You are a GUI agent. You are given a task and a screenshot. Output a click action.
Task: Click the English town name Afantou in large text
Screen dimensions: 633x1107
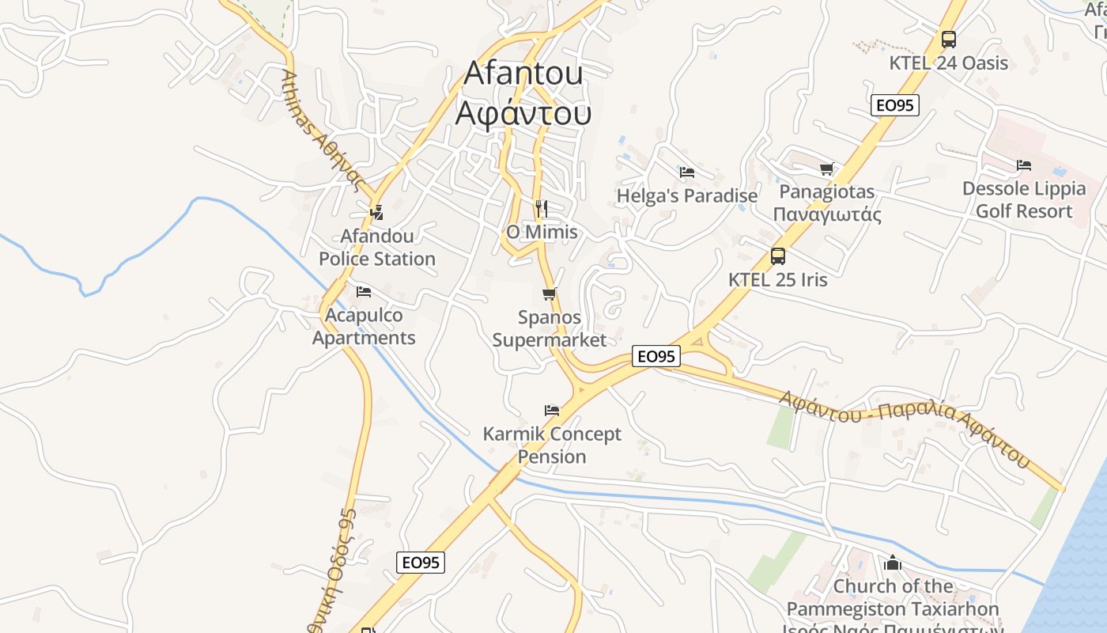pyautogui.click(x=523, y=73)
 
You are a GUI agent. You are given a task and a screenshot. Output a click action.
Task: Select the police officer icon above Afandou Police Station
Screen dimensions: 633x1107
pyautogui.click(x=376, y=212)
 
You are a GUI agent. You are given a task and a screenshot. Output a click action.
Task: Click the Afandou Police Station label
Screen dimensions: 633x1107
pyautogui.click(x=377, y=248)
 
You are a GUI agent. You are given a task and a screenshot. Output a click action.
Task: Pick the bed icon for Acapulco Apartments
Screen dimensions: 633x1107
pyautogui.click(x=363, y=292)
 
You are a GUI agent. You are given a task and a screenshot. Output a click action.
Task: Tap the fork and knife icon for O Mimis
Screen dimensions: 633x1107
pyautogui.click(x=542, y=209)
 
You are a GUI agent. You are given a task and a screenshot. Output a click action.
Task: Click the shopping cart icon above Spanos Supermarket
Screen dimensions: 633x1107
pyautogui.click(x=550, y=294)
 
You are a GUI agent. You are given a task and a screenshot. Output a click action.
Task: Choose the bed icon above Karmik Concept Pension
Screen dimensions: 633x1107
pyautogui.click(x=552, y=410)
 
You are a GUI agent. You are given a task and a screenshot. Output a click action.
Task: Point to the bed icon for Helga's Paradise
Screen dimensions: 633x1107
pyautogui.click(x=686, y=172)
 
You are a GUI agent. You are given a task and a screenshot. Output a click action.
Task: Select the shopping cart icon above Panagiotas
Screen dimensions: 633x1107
pyautogui.click(x=826, y=169)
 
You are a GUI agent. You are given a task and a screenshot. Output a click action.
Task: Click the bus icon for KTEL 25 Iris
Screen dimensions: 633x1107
pyautogui.click(x=778, y=256)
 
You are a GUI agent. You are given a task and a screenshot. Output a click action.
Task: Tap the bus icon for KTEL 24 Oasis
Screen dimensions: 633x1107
pyautogui.click(x=948, y=40)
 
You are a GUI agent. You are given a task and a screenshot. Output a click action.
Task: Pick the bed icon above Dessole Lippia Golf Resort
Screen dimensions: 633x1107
pyautogui.click(x=1024, y=165)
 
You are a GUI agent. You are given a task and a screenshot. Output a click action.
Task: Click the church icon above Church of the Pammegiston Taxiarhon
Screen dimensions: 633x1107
pyautogui.click(x=893, y=563)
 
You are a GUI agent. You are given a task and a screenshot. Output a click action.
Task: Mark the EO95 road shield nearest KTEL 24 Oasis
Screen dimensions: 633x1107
pyautogui.click(x=895, y=105)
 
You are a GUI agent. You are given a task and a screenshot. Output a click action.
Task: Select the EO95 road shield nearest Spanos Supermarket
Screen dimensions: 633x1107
pyautogui.click(x=656, y=357)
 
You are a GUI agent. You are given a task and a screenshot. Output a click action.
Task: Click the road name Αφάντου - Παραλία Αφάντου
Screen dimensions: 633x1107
pyautogui.click(x=906, y=425)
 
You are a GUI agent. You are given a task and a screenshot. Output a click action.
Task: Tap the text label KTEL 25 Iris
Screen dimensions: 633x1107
pyautogui.click(x=778, y=279)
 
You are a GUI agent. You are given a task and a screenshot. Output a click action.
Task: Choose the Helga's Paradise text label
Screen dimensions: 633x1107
pyautogui.click(x=686, y=195)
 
